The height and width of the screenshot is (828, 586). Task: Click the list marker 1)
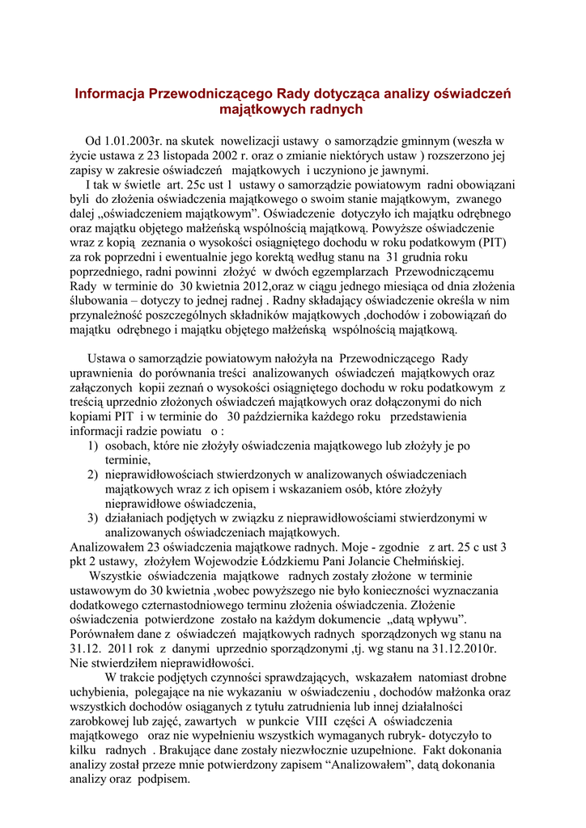pyautogui.click(x=93, y=446)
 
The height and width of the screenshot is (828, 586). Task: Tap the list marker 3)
pyautogui.click(x=93, y=518)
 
